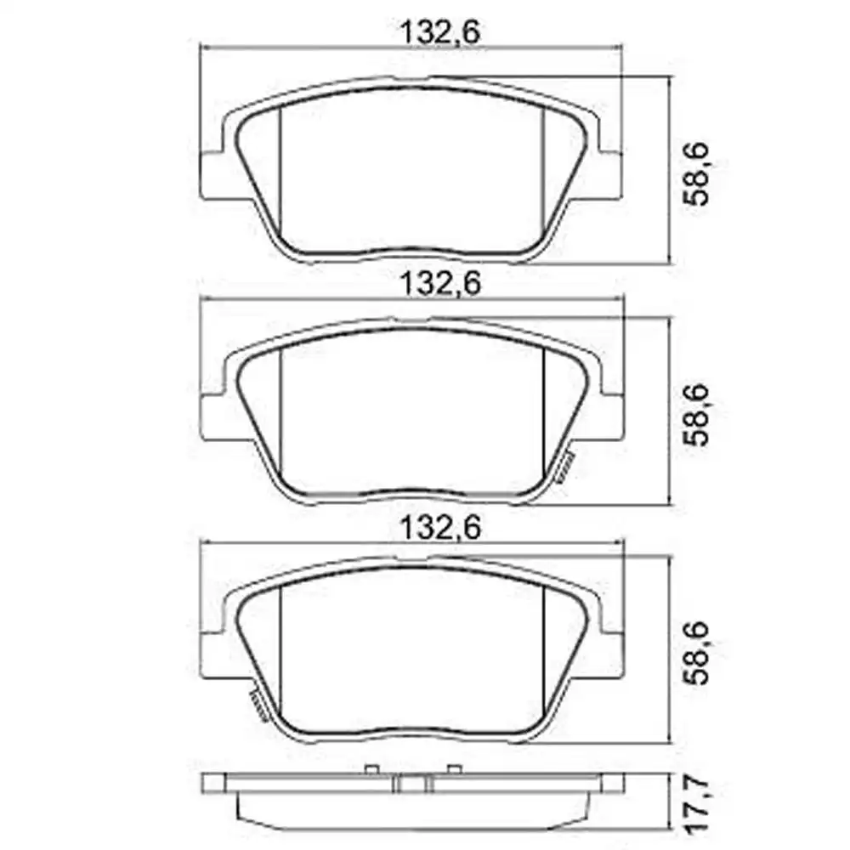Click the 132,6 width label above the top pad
[439, 33]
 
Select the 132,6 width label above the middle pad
[439, 284]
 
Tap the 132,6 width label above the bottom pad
[439, 528]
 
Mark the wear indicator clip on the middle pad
[564, 466]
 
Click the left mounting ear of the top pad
[212, 175]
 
